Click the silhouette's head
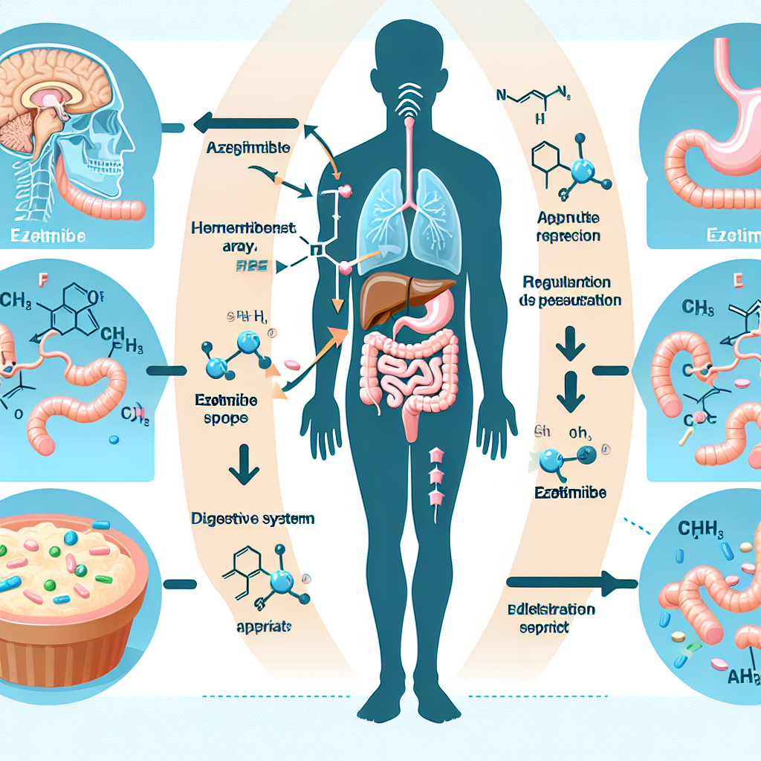(401, 63)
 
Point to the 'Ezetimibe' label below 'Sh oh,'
(570, 492)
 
